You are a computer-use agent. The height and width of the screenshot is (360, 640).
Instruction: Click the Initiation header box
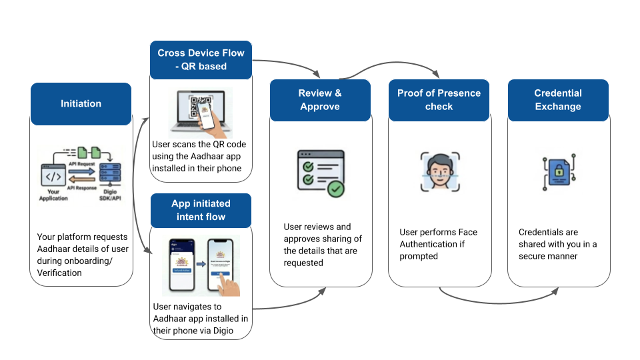tap(81, 104)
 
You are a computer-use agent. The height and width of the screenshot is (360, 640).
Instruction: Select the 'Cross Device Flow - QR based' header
tap(201, 59)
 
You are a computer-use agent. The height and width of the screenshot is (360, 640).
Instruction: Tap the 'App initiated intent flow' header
tap(201, 210)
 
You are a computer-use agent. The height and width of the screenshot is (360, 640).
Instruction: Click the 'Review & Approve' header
tap(320, 100)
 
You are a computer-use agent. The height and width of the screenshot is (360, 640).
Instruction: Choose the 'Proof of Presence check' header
tap(439, 100)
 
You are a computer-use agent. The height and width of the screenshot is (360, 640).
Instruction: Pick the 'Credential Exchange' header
tap(558, 100)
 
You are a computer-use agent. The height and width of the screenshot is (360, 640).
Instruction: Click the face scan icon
tap(439, 171)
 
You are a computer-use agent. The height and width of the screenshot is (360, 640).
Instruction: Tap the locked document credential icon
tap(558, 173)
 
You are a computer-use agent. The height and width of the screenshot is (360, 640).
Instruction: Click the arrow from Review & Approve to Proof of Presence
tap(380, 66)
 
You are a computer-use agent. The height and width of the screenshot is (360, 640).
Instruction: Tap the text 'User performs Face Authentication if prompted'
tap(438, 244)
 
